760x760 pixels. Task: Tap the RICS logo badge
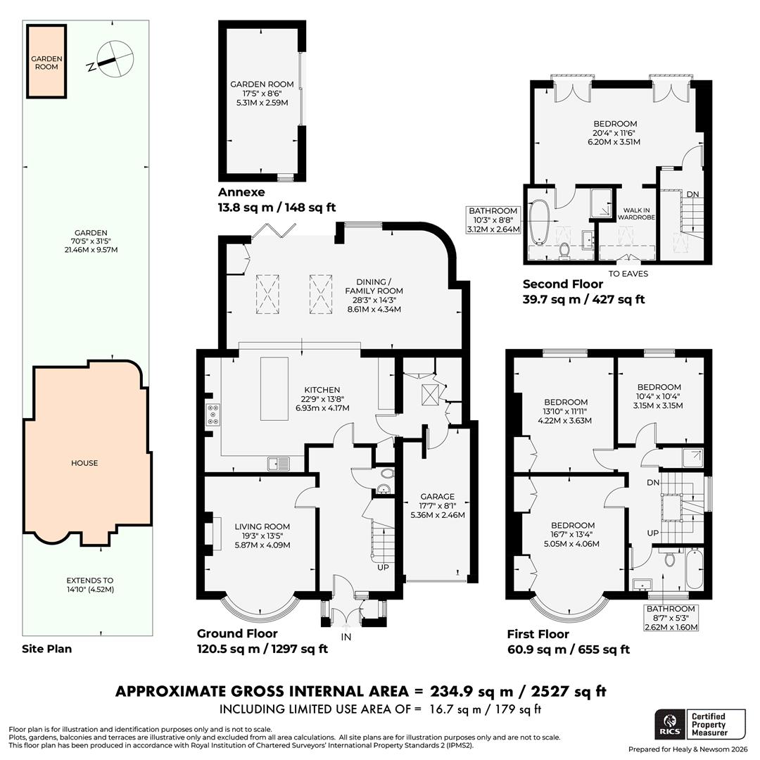668,724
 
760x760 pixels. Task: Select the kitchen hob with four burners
213,414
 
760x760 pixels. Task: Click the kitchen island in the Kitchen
271,389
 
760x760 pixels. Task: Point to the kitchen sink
279,463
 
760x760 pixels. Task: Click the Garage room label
437,505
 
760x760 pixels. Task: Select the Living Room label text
262,536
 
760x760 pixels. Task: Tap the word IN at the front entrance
346,636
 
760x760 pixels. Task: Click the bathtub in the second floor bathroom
540,222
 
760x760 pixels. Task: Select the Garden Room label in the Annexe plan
262,93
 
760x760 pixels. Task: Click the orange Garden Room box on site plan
46,62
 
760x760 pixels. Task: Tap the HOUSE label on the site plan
84,463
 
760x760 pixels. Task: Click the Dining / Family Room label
374,291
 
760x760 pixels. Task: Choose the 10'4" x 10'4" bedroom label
659,396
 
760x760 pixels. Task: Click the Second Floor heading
562,284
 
